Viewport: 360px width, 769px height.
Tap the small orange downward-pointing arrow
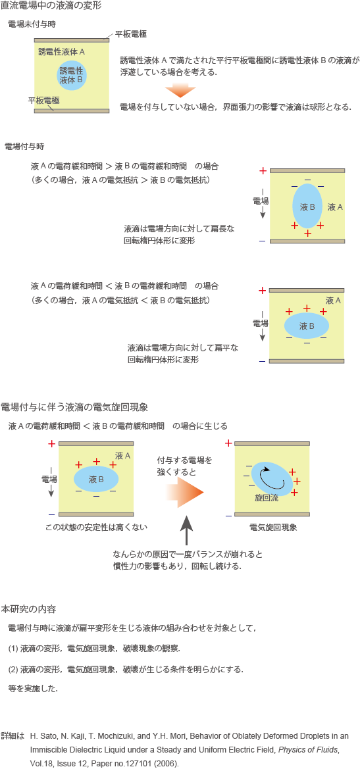point(180,90)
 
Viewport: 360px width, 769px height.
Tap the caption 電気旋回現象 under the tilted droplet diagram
point(272,528)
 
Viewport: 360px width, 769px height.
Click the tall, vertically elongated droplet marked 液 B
point(307,206)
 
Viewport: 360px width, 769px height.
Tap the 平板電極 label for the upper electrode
point(131,34)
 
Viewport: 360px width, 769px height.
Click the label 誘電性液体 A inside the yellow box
point(61,51)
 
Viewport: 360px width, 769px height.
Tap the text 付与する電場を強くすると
point(184,466)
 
